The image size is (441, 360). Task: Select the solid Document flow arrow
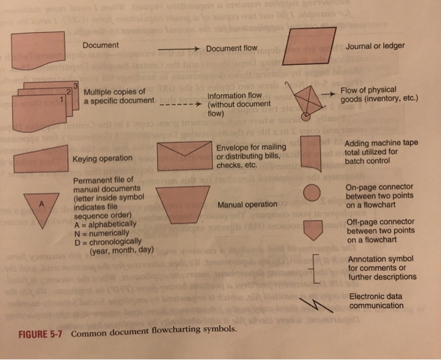click(179, 49)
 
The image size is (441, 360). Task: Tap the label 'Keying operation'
click(103, 158)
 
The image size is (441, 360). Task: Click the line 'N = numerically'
click(105, 232)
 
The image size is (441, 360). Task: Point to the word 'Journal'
click(360, 45)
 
